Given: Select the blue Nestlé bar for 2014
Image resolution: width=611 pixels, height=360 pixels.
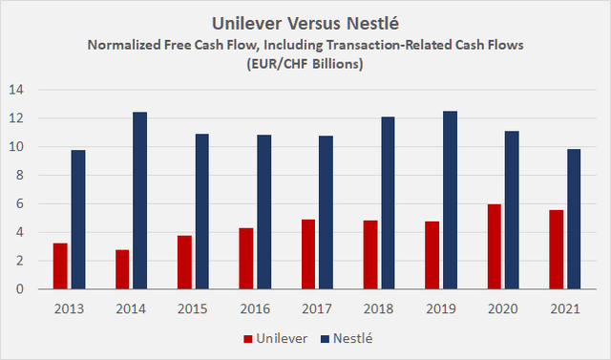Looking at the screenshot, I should (140, 201).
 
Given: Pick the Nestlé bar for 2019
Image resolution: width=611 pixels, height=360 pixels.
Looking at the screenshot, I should (448, 201).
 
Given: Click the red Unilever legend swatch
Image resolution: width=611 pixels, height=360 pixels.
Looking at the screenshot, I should (249, 338).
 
